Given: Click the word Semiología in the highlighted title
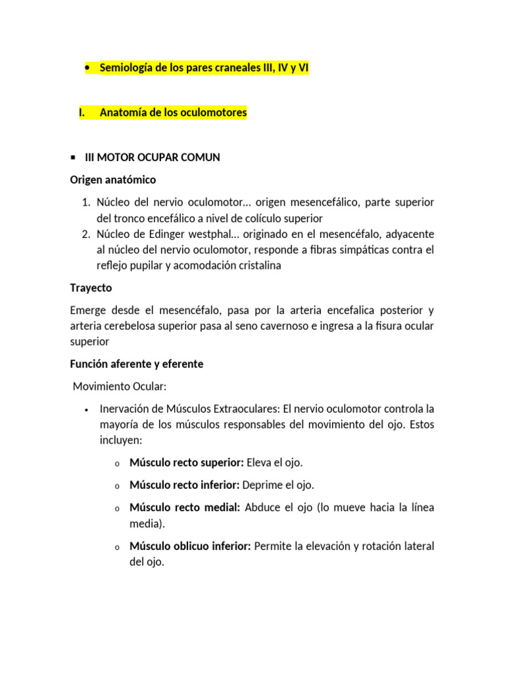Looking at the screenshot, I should point(125,68).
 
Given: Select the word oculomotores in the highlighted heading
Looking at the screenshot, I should point(214,112).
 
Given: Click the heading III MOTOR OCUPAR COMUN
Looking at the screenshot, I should point(153,157).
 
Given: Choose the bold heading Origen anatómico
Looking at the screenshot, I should point(113,179).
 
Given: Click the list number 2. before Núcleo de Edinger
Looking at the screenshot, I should point(85,234).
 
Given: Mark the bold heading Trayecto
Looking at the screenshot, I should point(91,288).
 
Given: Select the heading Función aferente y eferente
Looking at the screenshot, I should point(137,363).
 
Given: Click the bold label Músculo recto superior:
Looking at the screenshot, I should point(187,463).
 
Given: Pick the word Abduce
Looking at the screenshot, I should point(262,507).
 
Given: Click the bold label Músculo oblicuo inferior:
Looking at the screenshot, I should point(190,546).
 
